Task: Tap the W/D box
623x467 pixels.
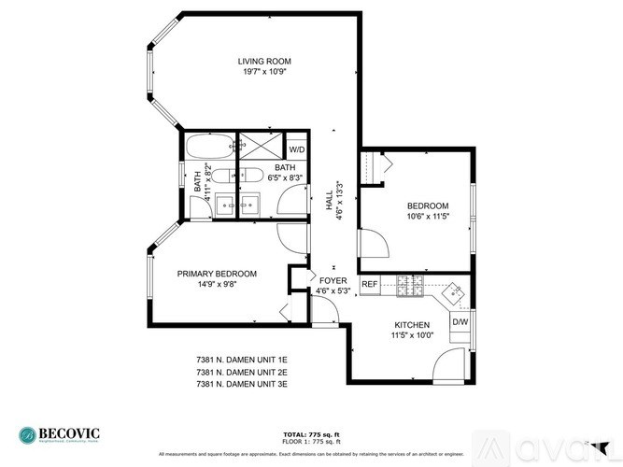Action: pyautogui.click(x=296, y=149)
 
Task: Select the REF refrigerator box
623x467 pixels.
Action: pyautogui.click(x=369, y=284)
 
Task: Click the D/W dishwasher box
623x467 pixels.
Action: pyautogui.click(x=460, y=322)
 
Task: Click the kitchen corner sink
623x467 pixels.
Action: pyautogui.click(x=455, y=292)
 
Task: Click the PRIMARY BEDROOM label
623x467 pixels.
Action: pyautogui.click(x=218, y=274)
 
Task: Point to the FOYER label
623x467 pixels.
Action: pyautogui.click(x=333, y=281)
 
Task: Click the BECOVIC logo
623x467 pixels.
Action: pyautogui.click(x=62, y=434)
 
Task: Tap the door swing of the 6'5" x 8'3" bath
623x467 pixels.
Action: pyautogui.click(x=293, y=201)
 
